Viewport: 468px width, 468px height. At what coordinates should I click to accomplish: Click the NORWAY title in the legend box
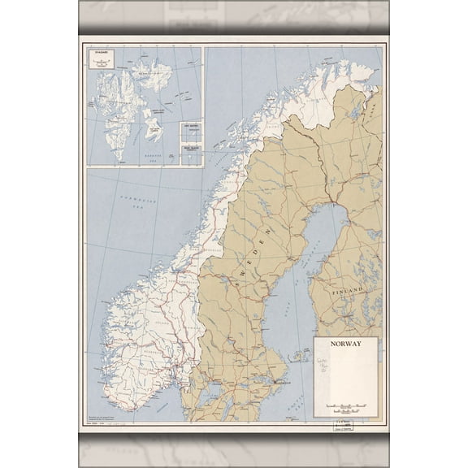(345, 344)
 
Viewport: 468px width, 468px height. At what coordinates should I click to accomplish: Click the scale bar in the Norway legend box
(345, 404)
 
